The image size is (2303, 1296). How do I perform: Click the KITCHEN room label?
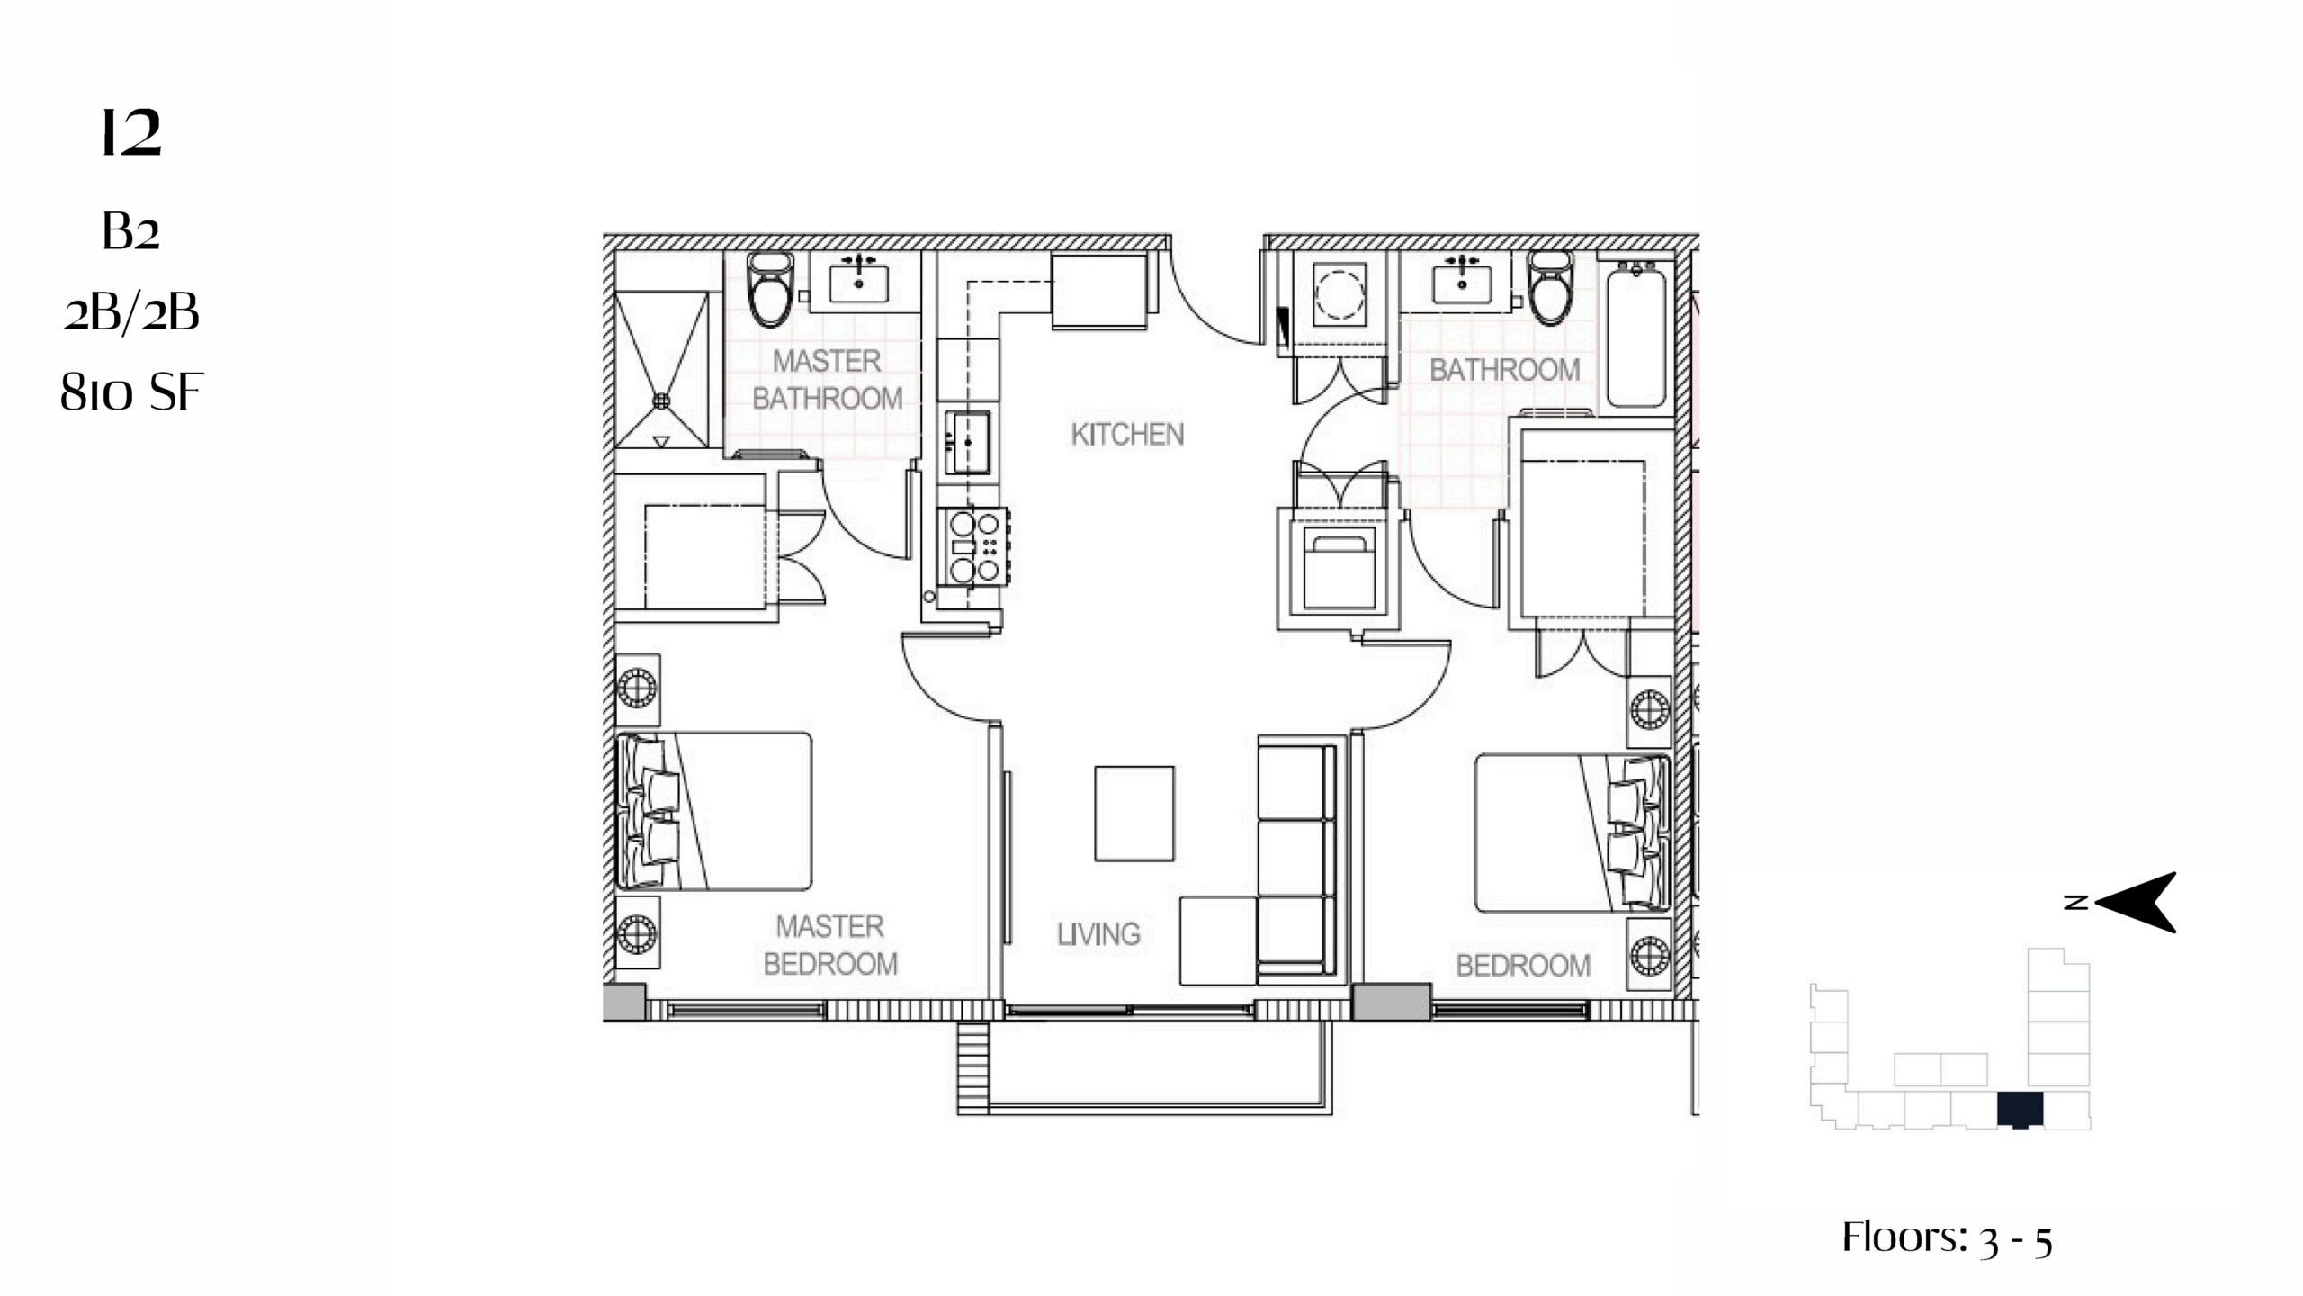point(1126,435)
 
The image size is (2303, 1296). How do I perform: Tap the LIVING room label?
point(1098,934)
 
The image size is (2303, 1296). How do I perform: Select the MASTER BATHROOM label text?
point(827,380)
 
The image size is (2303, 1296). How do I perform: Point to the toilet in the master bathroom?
point(772,288)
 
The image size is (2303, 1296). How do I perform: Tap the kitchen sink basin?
point(968,442)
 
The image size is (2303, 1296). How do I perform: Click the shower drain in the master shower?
point(662,399)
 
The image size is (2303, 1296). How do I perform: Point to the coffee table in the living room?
point(1134,814)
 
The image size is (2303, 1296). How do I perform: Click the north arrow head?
point(2136,902)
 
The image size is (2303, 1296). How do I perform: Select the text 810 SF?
point(131,392)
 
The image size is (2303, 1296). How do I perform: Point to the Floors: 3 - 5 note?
point(1948,1237)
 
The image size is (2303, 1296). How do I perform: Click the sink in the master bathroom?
point(858,278)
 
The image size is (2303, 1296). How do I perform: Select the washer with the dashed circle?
point(1340,293)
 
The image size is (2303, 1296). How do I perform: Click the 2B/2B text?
point(131,313)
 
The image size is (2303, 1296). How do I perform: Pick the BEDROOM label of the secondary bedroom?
point(1523,966)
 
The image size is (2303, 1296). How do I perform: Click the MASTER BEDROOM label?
point(829,945)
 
